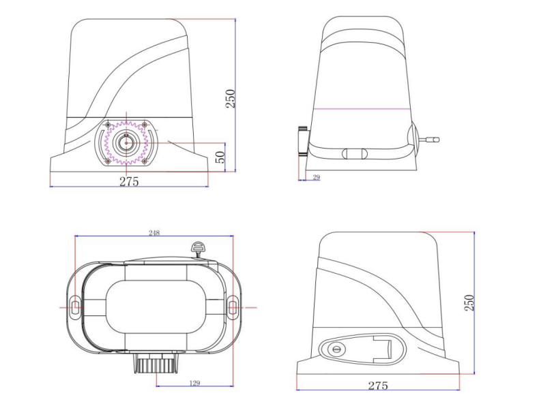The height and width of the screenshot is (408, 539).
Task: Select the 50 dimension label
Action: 220,157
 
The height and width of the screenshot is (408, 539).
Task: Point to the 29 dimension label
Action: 316,177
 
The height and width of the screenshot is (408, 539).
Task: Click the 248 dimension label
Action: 154,233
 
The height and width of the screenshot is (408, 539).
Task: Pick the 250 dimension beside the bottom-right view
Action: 469,302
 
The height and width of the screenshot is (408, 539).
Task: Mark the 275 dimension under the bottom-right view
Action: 377,386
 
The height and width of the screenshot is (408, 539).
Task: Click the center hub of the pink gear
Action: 126,143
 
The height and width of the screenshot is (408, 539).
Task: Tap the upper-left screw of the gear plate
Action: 108,124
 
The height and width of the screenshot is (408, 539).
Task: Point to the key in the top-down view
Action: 199,248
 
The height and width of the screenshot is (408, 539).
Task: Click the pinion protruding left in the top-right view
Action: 303,142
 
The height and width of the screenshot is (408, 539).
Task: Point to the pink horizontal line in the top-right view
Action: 361,109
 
